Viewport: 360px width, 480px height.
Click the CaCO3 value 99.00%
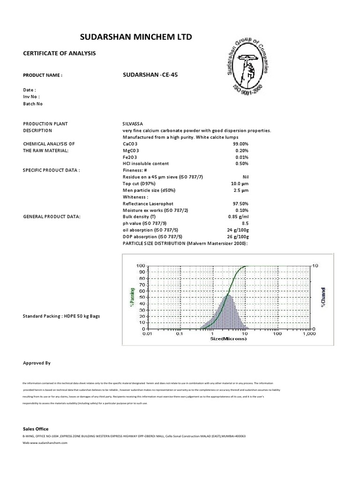point(240,143)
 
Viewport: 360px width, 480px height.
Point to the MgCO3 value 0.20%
point(242,150)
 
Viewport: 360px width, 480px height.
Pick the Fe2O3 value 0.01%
point(242,157)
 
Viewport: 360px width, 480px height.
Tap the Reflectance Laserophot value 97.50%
point(240,203)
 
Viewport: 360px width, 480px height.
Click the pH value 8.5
point(245,224)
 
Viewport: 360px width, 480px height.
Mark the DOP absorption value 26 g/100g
point(237,237)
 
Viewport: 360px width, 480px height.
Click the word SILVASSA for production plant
point(133,124)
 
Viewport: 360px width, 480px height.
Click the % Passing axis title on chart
point(132,297)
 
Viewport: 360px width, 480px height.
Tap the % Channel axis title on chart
point(323,297)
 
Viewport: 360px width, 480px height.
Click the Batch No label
point(33,104)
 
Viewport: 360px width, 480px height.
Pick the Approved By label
point(37,363)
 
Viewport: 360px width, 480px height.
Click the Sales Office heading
point(36,429)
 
